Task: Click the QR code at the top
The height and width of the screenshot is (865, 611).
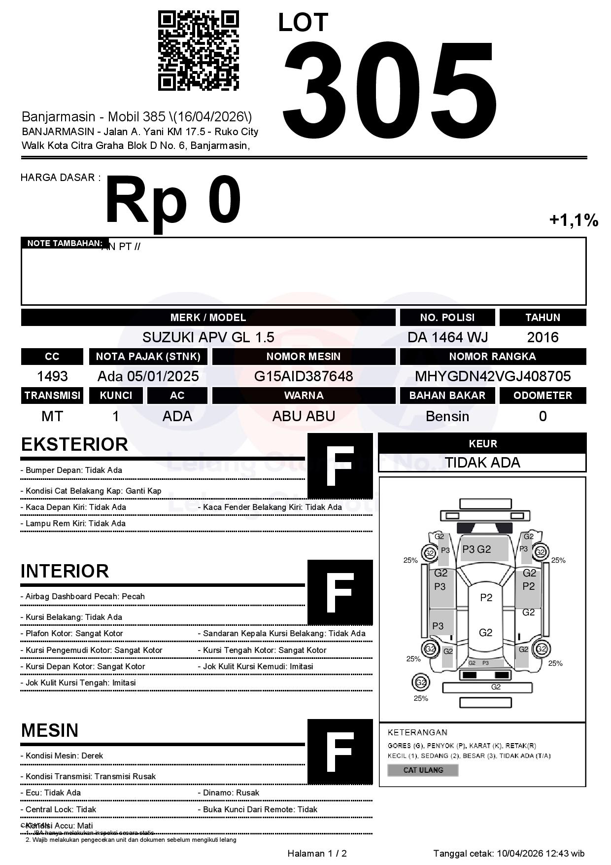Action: pos(198,51)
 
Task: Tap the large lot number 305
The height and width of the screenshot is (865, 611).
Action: pos(389,89)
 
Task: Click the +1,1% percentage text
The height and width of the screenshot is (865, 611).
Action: pos(574,220)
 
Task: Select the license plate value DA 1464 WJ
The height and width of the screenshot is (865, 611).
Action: pos(447,337)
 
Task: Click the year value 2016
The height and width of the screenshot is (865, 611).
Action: pos(543,337)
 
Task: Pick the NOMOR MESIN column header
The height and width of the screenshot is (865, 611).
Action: pos(304,357)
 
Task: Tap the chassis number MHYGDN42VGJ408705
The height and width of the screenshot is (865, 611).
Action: pos(493,376)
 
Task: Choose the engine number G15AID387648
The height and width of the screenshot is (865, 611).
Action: pos(304,376)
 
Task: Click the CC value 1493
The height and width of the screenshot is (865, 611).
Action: pos(52,376)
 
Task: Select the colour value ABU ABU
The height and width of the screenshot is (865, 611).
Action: pos(304,416)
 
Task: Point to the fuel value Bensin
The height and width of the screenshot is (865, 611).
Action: pos(447,416)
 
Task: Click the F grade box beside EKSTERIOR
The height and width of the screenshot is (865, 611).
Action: pos(340,466)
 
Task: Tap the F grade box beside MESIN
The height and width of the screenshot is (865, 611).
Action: pos(340,752)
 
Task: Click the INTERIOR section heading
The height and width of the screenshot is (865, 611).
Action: pos(65,571)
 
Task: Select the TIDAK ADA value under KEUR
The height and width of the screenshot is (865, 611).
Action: pos(482,463)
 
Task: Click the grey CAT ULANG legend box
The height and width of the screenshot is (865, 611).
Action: pos(423,770)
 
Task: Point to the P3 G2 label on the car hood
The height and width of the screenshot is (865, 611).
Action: pos(476,549)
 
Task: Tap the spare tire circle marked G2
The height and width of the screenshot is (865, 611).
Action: pos(421,683)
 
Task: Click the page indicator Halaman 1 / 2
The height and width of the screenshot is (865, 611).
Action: pos(317,853)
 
